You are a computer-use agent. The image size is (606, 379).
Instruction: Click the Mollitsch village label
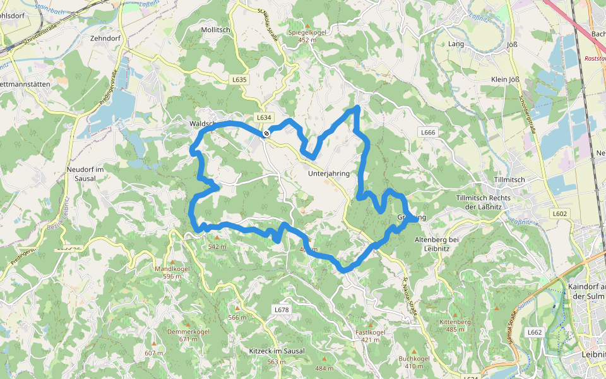pyautogui.click(x=215, y=30)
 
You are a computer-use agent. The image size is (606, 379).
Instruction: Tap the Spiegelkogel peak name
pyautogui.click(x=306, y=32)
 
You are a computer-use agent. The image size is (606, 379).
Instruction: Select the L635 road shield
pyautogui.click(x=240, y=80)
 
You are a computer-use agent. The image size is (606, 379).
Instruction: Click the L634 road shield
pyautogui.click(x=264, y=117)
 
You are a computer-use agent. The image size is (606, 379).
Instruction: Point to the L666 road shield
pyautogui.click(x=428, y=132)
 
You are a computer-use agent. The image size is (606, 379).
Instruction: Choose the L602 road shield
pyautogui.click(x=559, y=214)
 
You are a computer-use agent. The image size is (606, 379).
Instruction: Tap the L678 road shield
pyautogui.click(x=282, y=310)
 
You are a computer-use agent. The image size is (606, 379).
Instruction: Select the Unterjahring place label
pyautogui.click(x=329, y=173)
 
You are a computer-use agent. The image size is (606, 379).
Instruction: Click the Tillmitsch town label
pyautogui.click(x=509, y=180)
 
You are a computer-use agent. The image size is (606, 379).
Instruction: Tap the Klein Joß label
pyautogui.click(x=506, y=80)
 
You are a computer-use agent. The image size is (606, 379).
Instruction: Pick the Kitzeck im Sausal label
pyautogui.click(x=277, y=351)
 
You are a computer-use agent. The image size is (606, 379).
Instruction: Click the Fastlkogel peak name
pyautogui.click(x=371, y=332)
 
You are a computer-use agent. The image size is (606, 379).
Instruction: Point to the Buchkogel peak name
pyautogui.click(x=414, y=359)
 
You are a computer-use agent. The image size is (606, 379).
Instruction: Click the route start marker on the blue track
pyautogui.click(x=267, y=133)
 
